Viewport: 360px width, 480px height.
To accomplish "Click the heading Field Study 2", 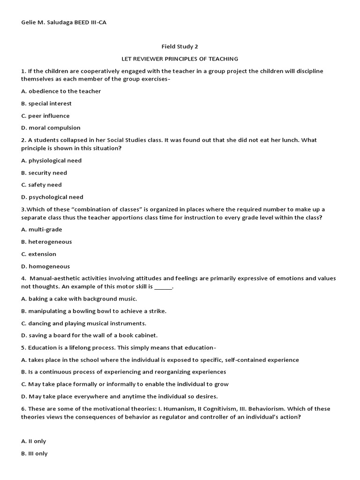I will click(180, 46).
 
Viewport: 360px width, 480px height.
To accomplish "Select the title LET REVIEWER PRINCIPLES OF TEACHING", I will click(180, 59).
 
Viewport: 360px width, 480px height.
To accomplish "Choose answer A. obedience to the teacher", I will click(61, 91).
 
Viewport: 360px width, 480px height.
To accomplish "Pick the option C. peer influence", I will click(45, 115).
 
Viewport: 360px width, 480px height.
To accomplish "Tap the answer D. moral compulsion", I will click(51, 127).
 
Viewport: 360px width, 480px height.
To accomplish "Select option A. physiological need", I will click(51, 160).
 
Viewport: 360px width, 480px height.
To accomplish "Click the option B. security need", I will click(44, 172).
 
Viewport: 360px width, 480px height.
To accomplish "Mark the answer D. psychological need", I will click(52, 197).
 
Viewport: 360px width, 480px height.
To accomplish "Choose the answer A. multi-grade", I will click(41, 229).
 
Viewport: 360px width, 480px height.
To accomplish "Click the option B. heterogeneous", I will click(46, 241).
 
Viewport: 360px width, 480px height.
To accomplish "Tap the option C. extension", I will click(38, 254).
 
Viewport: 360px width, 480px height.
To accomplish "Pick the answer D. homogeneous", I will click(45, 266).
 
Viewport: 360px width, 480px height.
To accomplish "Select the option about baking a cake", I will click(79, 299).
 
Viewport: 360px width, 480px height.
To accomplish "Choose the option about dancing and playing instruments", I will click(83, 323).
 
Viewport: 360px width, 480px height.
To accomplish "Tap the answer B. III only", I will click(34, 453).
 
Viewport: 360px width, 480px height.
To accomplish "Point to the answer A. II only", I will click(33, 441).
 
